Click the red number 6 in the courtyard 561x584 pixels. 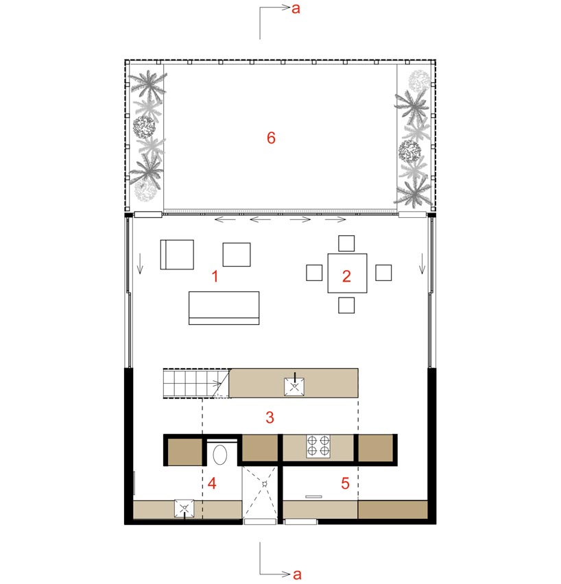[271, 138]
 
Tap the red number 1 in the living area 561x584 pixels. [215, 276]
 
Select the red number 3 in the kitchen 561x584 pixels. [270, 417]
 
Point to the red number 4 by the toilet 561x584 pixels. [212, 483]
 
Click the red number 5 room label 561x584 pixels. [345, 483]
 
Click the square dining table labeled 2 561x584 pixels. [347, 273]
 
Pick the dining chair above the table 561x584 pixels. [346, 243]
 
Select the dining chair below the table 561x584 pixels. [346, 305]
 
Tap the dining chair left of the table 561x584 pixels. [314, 273]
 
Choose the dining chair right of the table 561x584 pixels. [383, 273]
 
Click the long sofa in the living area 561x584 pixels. [224, 308]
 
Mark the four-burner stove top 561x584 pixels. [318, 446]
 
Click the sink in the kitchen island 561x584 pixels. [294, 386]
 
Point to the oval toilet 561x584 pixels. [220, 454]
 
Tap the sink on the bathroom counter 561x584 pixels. [184, 509]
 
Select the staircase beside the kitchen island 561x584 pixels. [196, 384]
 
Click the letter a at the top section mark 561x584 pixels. [296, 8]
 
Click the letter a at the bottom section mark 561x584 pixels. [297, 574]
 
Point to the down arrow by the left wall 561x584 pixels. [140, 263]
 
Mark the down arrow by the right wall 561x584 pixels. [422, 263]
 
